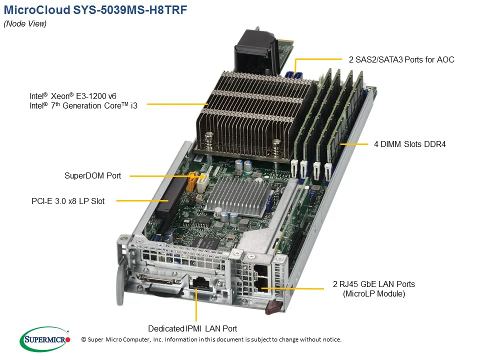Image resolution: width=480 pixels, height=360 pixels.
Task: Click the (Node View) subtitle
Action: [x=25, y=24]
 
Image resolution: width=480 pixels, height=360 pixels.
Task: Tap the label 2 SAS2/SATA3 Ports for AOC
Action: [x=401, y=59]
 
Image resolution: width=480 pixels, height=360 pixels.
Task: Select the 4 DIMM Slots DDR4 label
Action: [x=409, y=144]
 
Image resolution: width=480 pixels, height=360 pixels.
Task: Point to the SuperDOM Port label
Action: [x=92, y=176]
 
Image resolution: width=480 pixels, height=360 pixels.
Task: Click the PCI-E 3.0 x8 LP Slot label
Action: [x=68, y=201]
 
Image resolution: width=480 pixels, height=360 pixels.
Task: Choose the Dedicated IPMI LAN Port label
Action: [x=192, y=328]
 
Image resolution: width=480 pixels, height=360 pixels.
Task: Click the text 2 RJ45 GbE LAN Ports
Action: [x=374, y=284]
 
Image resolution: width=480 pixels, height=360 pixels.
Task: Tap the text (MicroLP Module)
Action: [x=374, y=294]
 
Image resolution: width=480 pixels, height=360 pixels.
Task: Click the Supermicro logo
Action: [x=45, y=339]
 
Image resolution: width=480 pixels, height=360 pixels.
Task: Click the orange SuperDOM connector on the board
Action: [x=191, y=182]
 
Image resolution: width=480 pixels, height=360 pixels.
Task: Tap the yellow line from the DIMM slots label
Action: [x=354, y=144]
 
